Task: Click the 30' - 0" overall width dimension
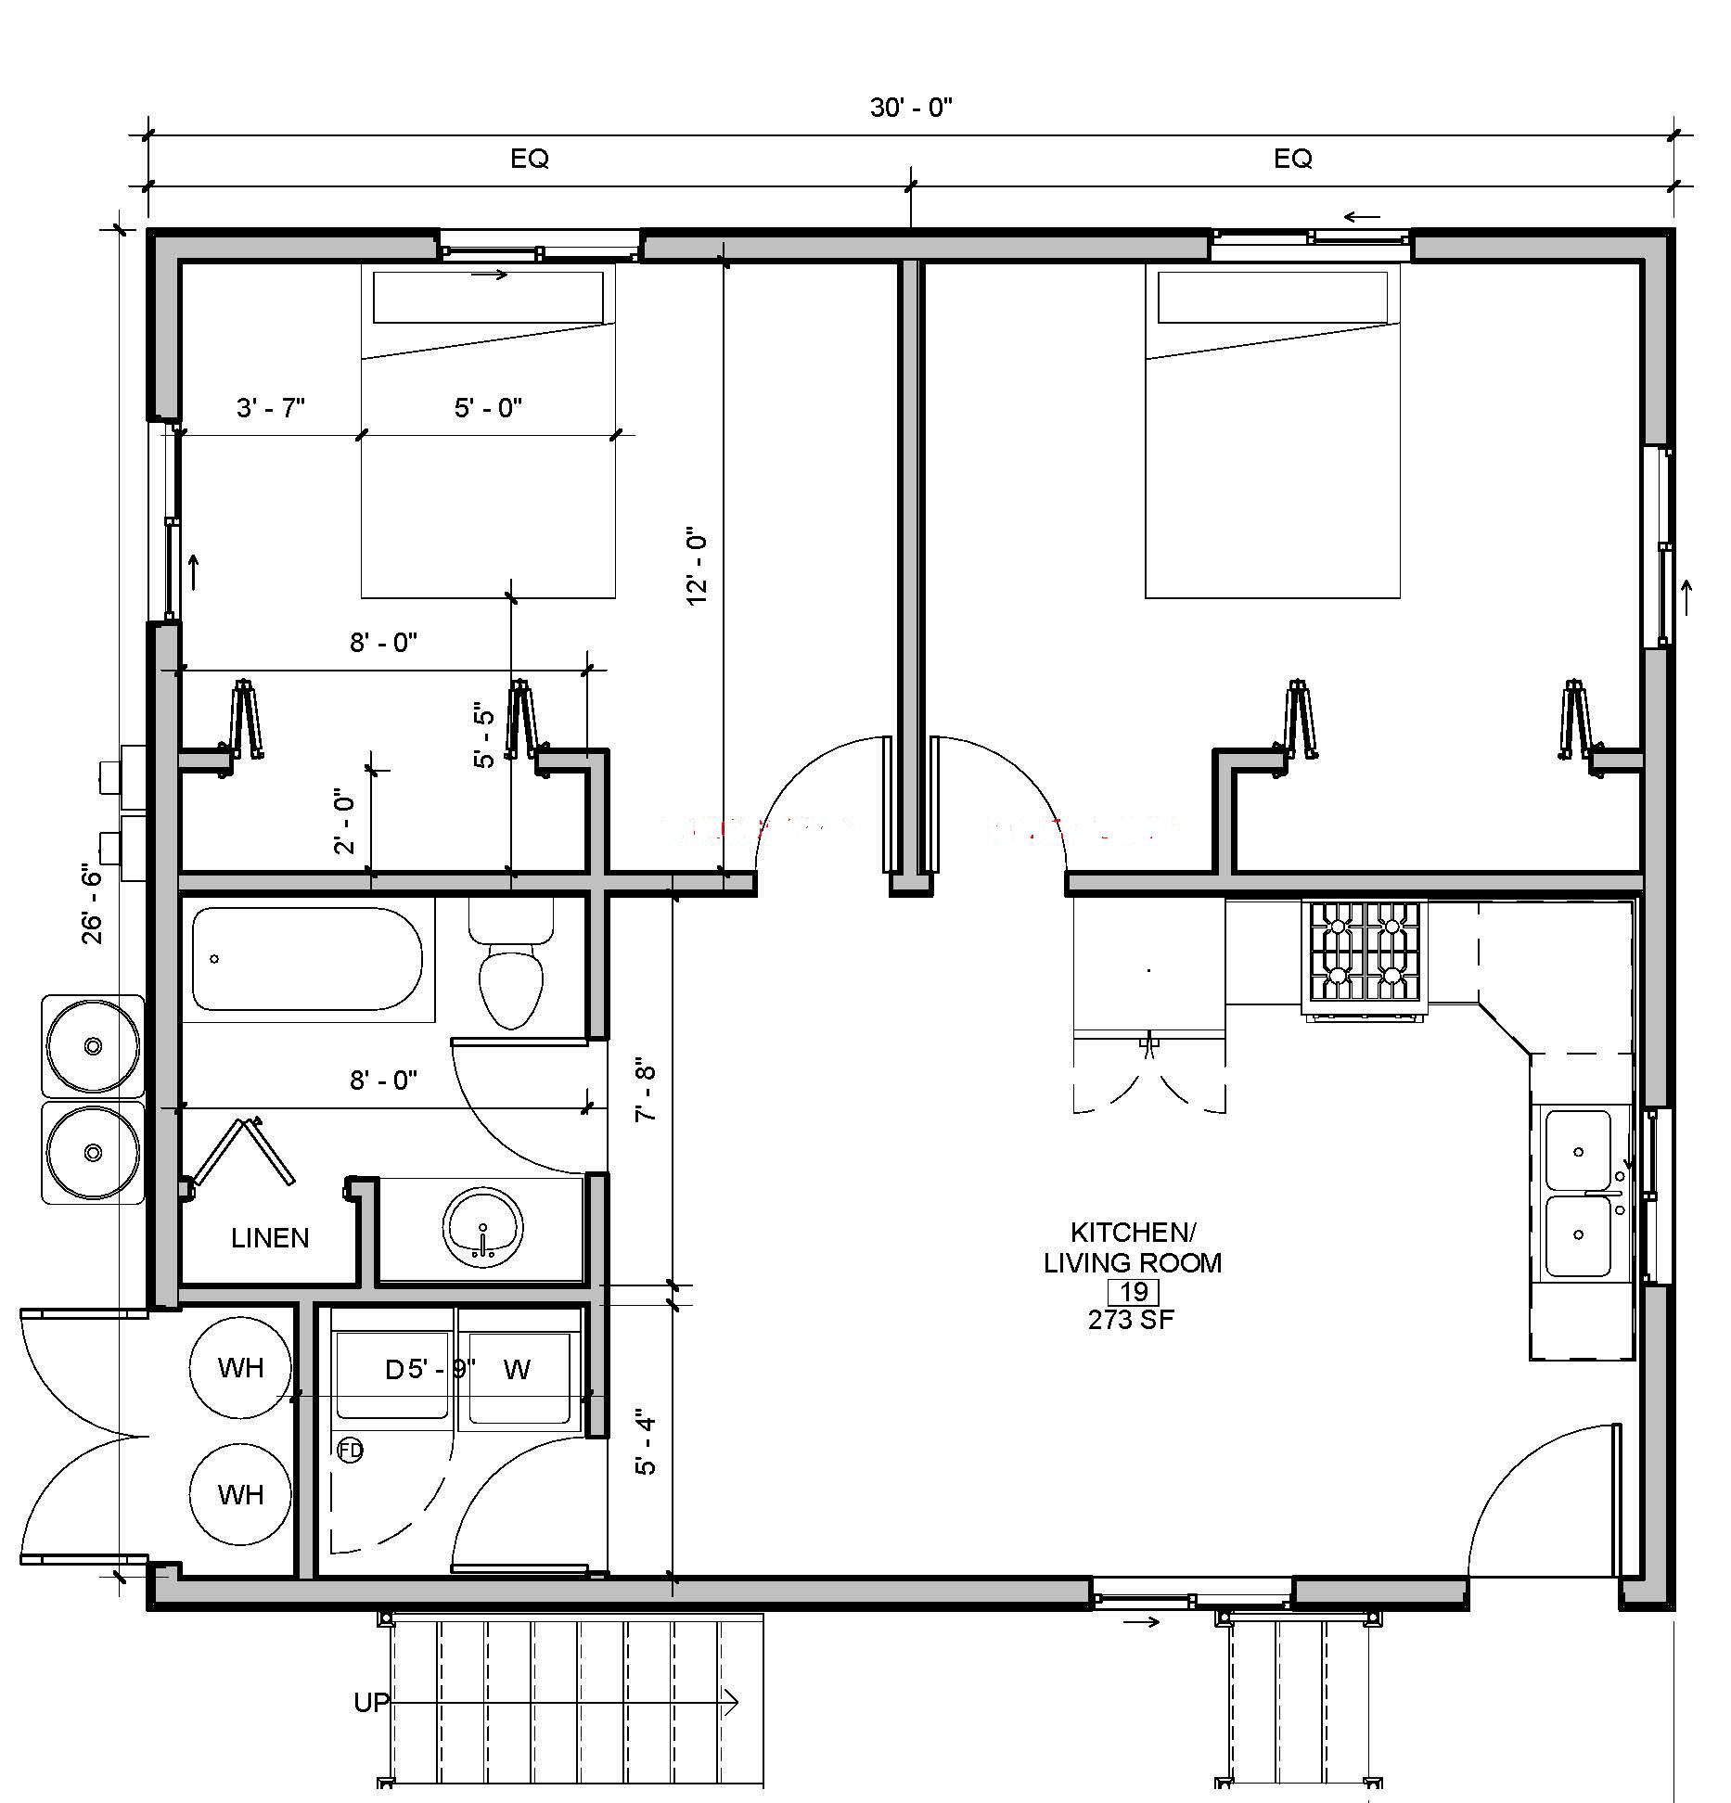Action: point(911,108)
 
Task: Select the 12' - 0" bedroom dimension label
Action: point(698,569)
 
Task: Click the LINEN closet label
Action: point(270,1238)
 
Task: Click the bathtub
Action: point(307,959)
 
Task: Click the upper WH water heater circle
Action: point(240,1367)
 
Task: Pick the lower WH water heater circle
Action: point(240,1494)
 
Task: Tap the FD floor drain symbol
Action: point(350,1450)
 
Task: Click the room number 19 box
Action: point(1134,1291)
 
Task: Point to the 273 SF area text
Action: point(1132,1319)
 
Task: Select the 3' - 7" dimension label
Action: point(271,407)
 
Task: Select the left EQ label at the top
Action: point(530,159)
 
